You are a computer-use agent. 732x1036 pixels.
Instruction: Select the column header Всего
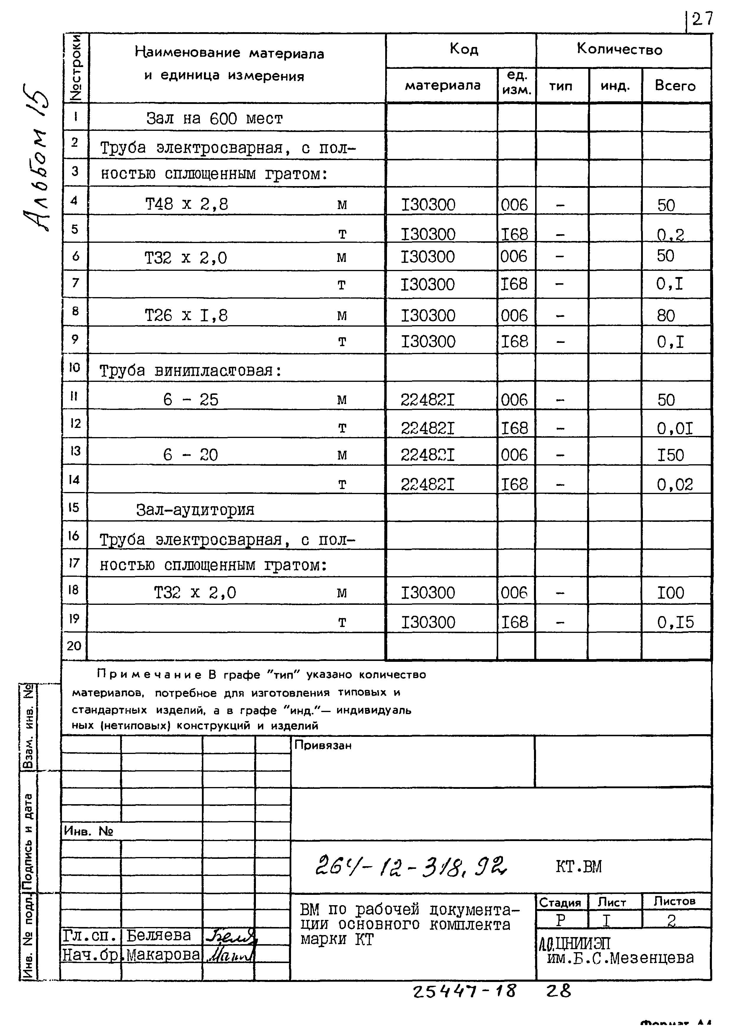pyautogui.click(x=675, y=86)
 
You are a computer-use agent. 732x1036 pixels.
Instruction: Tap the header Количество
pyautogui.click(x=620, y=49)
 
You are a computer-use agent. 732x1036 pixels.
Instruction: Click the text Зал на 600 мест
pyautogui.click(x=215, y=119)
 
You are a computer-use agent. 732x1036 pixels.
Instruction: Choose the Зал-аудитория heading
pyautogui.click(x=195, y=510)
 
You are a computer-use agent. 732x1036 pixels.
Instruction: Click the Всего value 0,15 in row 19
pyautogui.click(x=675, y=622)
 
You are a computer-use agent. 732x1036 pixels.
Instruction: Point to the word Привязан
pyautogui.click(x=323, y=745)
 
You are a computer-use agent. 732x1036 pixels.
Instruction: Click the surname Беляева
pyautogui.click(x=159, y=935)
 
